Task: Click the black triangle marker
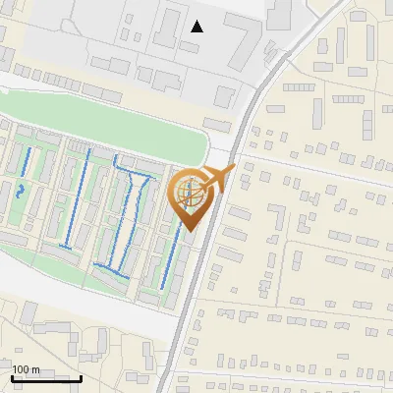pos(197,27)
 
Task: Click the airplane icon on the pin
pos(218,179)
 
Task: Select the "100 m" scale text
pos(27,369)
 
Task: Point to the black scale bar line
pos(46,378)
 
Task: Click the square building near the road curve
pos(226,95)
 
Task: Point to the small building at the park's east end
pos(217,123)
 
